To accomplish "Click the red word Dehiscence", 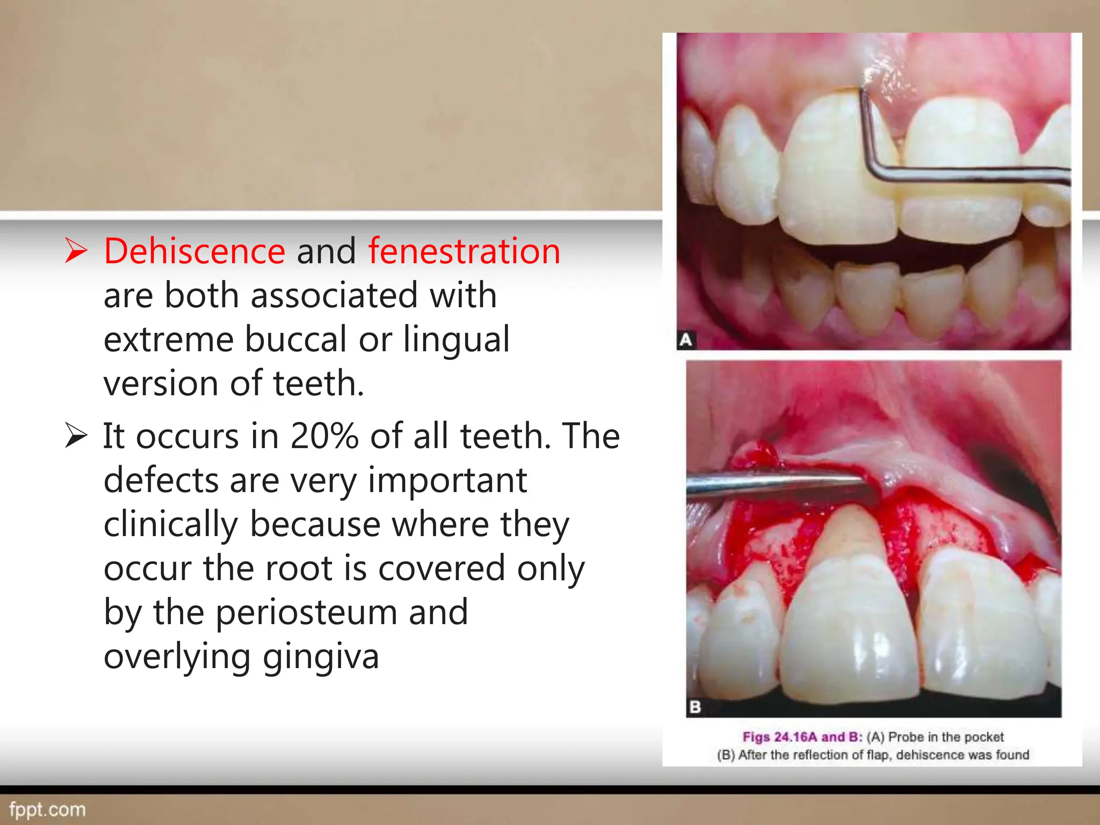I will [194, 251].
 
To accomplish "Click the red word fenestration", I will [464, 251].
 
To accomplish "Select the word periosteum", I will [307, 612].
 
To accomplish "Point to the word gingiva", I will [321, 656].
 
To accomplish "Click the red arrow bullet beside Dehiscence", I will [76, 251].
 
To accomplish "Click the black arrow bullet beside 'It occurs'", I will [76, 435].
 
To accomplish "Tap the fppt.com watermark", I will [47, 809].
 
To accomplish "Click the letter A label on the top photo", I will [686, 340].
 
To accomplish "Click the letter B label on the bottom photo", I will [695, 707].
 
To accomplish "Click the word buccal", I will [296, 340].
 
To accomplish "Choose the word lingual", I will [456, 340].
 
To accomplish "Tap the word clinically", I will [170, 524].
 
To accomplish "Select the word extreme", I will [168, 340].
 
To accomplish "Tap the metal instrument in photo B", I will [773, 482].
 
